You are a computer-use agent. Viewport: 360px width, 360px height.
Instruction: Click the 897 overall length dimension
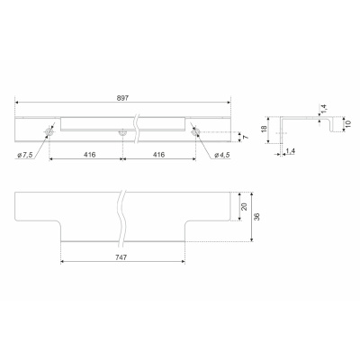(122, 98)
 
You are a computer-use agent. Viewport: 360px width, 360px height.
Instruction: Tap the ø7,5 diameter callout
(25, 155)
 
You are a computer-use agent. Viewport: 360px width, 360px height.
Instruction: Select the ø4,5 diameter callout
(222, 155)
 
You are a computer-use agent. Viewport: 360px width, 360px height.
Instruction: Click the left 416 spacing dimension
(90, 155)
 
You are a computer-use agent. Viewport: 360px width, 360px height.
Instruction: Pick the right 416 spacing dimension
(158, 155)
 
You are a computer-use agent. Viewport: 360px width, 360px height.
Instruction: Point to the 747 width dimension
(121, 257)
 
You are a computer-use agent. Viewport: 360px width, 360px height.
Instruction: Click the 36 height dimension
(257, 217)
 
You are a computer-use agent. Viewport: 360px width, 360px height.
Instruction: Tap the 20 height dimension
(244, 206)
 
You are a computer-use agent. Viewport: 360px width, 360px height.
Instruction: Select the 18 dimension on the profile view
(264, 130)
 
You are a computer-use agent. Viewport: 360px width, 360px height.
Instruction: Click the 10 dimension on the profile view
(347, 123)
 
